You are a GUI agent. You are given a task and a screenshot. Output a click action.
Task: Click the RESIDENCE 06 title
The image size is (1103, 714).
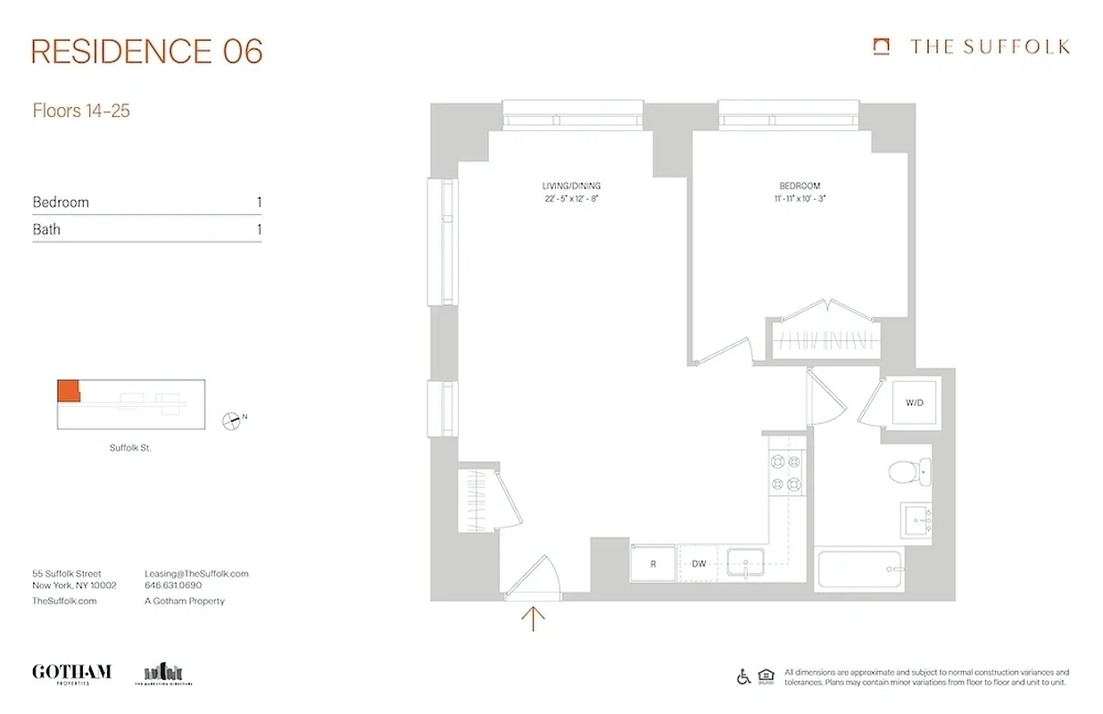click(147, 52)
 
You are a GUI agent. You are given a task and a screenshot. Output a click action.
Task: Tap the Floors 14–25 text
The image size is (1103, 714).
click(81, 112)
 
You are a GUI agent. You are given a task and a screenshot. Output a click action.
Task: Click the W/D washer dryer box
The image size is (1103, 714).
click(914, 403)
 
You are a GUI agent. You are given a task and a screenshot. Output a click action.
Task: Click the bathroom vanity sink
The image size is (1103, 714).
click(916, 519)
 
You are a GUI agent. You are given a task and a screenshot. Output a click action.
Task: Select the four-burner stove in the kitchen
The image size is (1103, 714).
click(784, 473)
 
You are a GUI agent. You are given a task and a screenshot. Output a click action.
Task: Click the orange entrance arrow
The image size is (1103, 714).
click(533, 618)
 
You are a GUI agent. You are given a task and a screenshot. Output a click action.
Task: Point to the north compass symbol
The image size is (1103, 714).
click(234, 419)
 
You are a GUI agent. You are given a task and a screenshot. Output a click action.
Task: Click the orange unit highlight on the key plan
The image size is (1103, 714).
click(68, 391)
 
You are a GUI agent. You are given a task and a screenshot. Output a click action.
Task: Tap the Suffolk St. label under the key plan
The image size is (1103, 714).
click(130, 448)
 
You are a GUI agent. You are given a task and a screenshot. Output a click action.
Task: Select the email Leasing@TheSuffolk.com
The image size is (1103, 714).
click(196, 574)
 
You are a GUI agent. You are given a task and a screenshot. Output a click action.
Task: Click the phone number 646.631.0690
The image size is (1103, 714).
click(173, 585)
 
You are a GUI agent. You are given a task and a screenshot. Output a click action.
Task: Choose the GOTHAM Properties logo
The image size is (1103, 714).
click(71, 673)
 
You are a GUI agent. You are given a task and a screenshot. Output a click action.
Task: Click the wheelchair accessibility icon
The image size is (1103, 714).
click(743, 677)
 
